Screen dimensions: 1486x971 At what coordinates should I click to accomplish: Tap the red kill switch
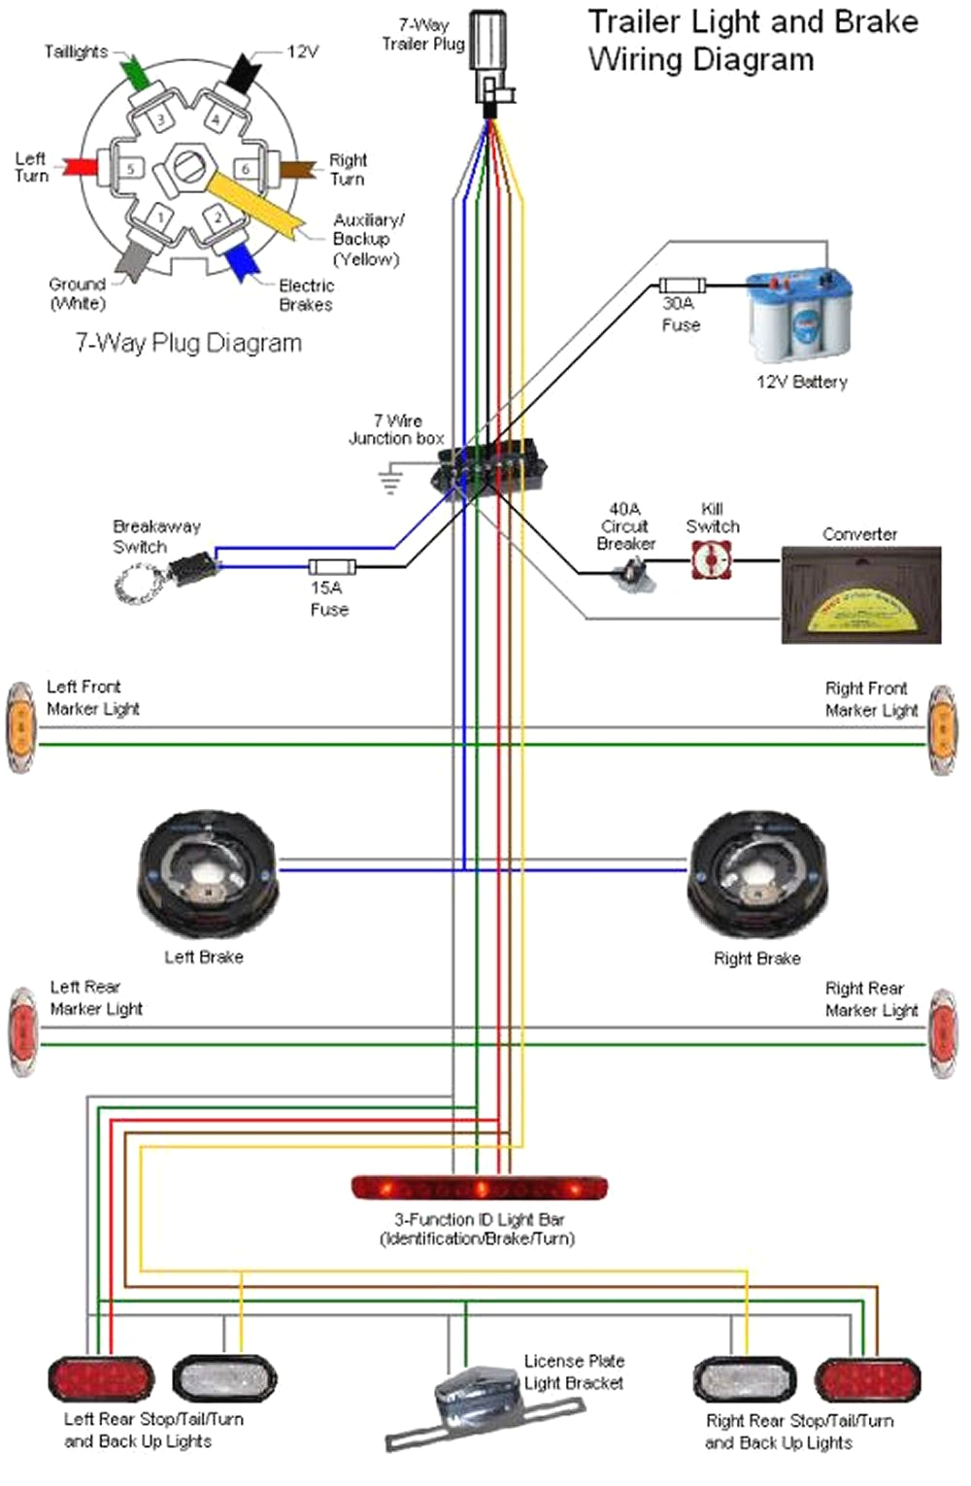coord(712,560)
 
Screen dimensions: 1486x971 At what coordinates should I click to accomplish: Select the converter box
coord(861,595)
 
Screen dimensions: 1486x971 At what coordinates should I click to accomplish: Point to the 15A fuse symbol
coord(332,567)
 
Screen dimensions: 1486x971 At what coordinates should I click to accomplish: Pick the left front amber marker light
coord(19,728)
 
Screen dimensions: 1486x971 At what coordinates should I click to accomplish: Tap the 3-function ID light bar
coord(479,1187)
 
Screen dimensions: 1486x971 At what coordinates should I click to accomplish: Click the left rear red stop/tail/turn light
coord(101,1379)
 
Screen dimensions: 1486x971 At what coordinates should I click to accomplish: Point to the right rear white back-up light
coord(745,1380)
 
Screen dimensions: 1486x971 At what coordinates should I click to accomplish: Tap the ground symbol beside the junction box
coord(390,479)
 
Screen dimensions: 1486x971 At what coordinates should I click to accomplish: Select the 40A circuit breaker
coord(632,578)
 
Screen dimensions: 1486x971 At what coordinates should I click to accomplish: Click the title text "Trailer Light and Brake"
coord(753,21)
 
